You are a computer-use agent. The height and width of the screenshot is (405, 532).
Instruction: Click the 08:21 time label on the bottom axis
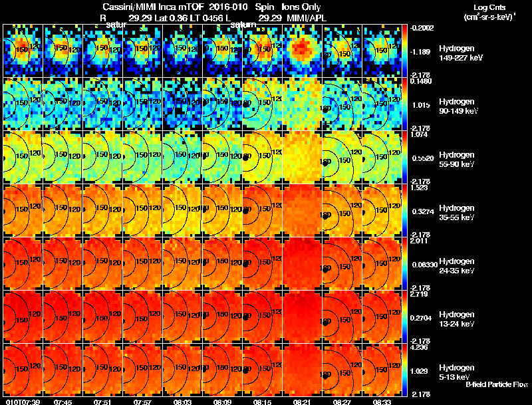click(x=303, y=402)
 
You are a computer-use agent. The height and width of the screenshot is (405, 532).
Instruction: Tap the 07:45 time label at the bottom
click(x=63, y=402)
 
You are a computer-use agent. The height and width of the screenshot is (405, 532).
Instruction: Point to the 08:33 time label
click(x=382, y=402)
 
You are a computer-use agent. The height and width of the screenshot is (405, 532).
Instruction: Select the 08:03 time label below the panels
click(x=182, y=402)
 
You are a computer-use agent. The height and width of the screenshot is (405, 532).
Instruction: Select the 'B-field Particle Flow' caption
click(x=497, y=384)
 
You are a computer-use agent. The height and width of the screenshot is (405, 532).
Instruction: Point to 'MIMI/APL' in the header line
click(x=303, y=17)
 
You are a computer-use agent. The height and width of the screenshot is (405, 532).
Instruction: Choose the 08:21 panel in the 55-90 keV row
click(x=303, y=157)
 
